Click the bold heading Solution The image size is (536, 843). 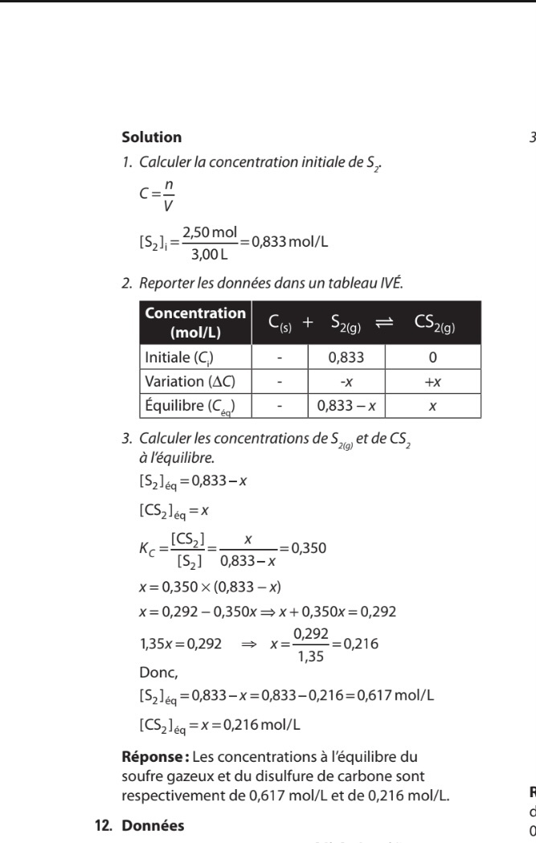151,137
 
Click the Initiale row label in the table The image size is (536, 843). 178,357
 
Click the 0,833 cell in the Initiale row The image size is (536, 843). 346,357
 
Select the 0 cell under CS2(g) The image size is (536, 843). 432,357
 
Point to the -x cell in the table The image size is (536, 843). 346,381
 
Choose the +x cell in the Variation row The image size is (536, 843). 432,381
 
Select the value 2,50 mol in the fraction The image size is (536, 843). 210,232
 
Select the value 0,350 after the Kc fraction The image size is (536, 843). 309,549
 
